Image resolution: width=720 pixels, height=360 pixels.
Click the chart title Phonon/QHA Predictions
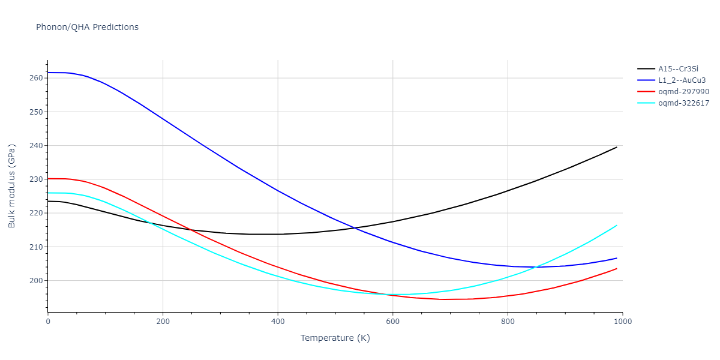[87, 27]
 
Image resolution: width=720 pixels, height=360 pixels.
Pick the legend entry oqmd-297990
[683, 92]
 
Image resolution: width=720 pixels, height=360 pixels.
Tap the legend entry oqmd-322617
[683, 103]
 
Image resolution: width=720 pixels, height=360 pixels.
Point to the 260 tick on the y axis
[36, 78]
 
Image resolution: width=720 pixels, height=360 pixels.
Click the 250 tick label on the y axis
[36, 112]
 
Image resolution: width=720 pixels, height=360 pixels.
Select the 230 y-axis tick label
[36, 179]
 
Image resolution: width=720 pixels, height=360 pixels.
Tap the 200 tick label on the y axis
[36, 281]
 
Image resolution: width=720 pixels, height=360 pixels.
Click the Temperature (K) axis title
[335, 338]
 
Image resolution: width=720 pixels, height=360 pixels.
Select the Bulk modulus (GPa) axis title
[13, 186]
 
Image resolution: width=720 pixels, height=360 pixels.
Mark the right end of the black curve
[617, 147]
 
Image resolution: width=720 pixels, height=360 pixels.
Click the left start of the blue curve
[48, 73]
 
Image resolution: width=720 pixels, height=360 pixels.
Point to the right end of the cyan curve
[617, 226]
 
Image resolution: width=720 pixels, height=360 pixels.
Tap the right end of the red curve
[617, 268]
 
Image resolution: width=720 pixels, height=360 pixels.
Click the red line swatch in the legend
[646, 92]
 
